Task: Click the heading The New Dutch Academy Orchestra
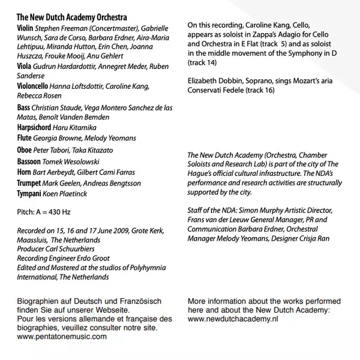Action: (x=71, y=18)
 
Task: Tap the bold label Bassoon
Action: (x=29, y=161)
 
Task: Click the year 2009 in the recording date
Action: (x=109, y=230)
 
